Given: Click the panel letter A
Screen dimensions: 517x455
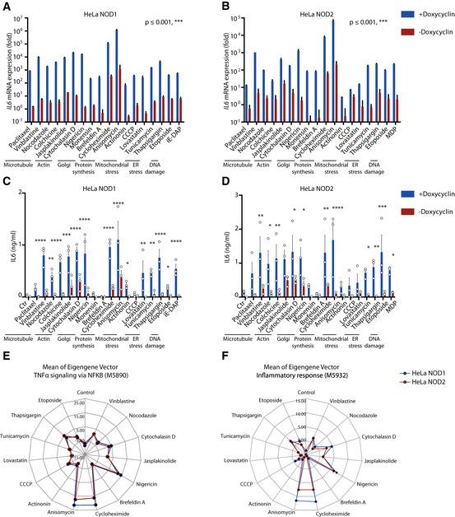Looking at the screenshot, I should tap(6, 6).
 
